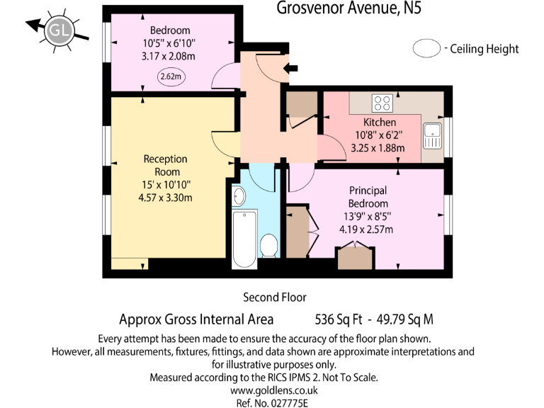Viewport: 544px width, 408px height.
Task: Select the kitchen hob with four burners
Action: tap(383, 103)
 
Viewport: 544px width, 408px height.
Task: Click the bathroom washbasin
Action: tap(239, 194)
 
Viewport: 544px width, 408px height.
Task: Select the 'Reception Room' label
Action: tap(166, 165)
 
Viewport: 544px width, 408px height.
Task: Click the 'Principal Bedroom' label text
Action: tap(368, 197)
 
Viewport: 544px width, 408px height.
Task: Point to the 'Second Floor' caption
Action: tap(274, 297)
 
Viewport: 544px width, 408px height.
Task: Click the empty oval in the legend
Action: tap(427, 49)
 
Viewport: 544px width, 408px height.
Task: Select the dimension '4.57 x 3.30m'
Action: tap(165, 198)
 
